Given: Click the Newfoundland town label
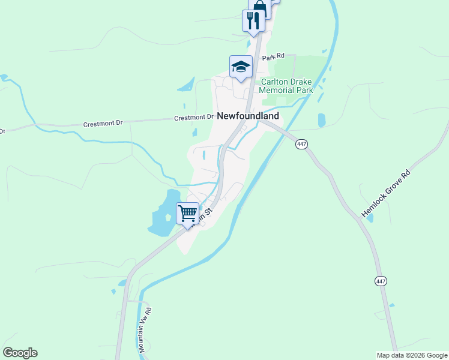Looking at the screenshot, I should click(248, 116).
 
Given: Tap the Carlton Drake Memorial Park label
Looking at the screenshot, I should click(286, 86).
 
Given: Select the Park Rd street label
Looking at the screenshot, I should click(273, 57).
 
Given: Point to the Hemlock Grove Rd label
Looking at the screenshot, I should click(387, 193).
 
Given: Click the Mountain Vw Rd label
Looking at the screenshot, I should click(145, 329).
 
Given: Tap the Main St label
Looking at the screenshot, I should click(206, 211).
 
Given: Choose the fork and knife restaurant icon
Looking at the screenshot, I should click(253, 21).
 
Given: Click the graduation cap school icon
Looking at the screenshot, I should click(241, 67).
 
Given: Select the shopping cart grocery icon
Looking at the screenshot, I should click(188, 213).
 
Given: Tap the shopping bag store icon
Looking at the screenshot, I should click(259, 6).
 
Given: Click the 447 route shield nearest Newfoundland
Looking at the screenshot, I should click(301, 144).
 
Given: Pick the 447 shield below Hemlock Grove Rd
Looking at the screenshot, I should click(382, 281).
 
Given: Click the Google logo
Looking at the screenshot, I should click(20, 353).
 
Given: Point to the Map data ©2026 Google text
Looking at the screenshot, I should click(412, 355).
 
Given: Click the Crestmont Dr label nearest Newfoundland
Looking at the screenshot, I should click(194, 118).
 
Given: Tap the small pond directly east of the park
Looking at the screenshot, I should click(321, 120).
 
